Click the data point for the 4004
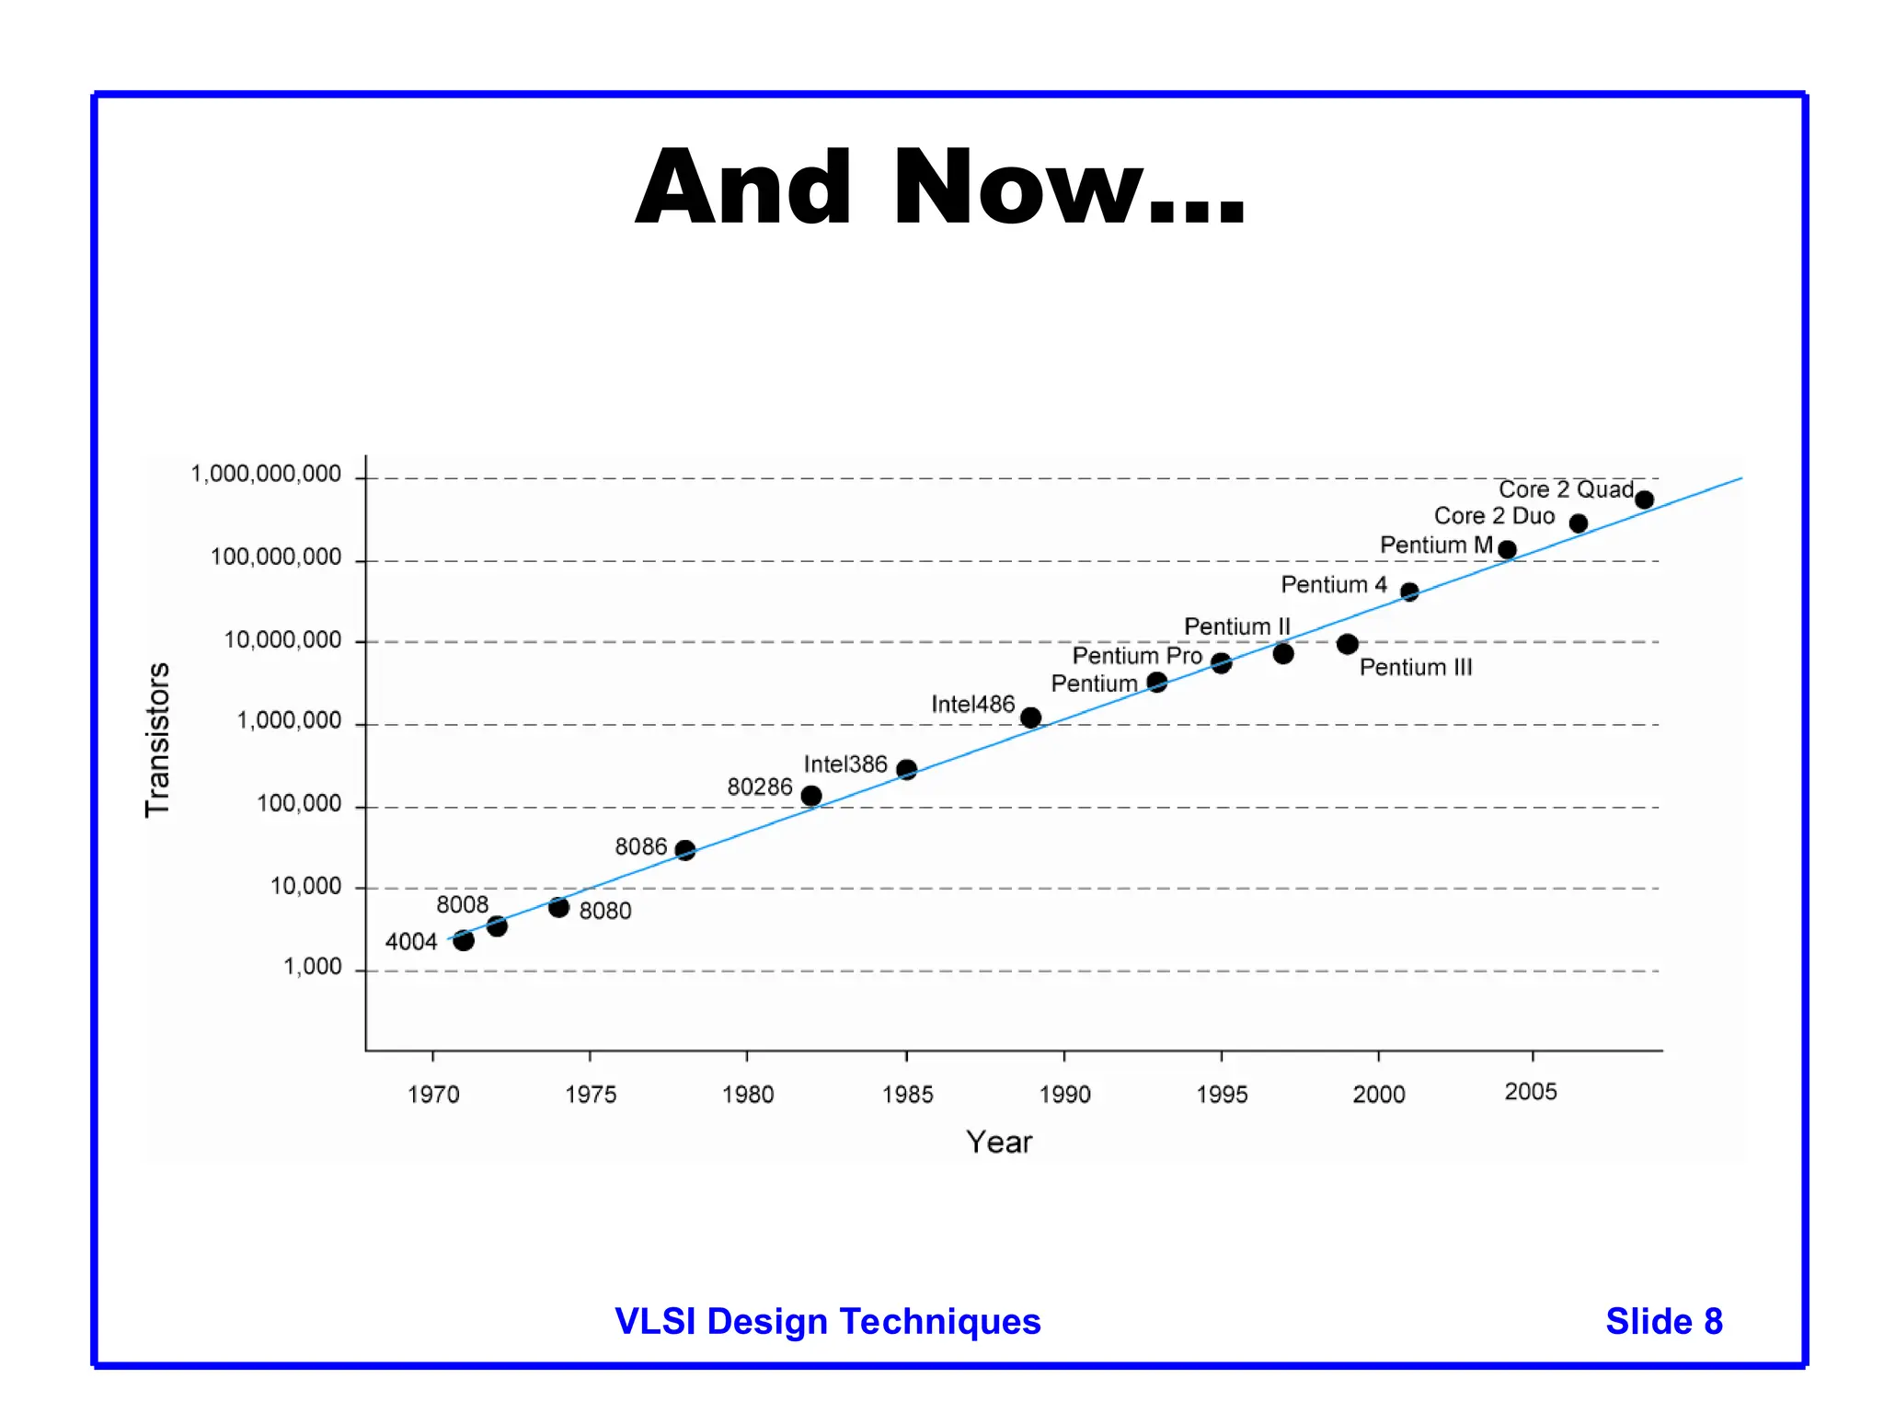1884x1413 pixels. click(464, 940)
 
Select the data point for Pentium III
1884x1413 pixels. click(1347, 644)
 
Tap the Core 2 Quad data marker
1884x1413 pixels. click(1644, 500)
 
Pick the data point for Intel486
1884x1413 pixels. click(1031, 718)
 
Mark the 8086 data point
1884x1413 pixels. click(685, 850)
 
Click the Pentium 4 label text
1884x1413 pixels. click(1333, 585)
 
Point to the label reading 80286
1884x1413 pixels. click(759, 787)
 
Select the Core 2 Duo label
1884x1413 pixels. click(1494, 516)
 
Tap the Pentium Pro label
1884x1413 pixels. click(1137, 656)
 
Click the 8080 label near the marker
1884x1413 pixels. click(605, 911)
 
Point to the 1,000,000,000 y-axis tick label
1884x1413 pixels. click(266, 475)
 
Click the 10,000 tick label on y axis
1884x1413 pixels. click(305, 887)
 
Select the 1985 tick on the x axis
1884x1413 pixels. click(907, 1094)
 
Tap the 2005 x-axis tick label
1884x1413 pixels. click(1531, 1092)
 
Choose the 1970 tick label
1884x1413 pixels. click(433, 1094)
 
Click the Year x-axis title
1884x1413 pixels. click(999, 1143)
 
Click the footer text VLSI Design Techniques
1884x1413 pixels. click(827, 1321)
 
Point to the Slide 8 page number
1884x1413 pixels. click(1663, 1321)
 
